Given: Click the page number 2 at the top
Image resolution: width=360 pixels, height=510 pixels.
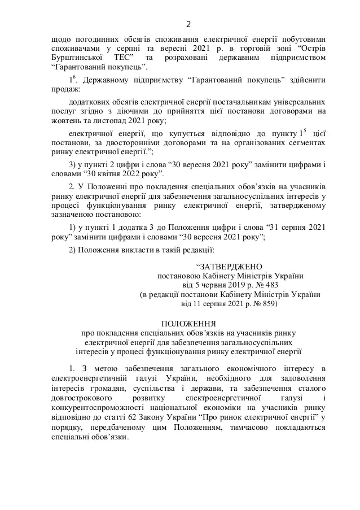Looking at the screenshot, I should tap(188, 24).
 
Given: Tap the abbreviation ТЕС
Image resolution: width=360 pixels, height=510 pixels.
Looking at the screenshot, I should tap(122, 58).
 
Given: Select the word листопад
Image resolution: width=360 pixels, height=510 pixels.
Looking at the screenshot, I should tap(112, 121).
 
